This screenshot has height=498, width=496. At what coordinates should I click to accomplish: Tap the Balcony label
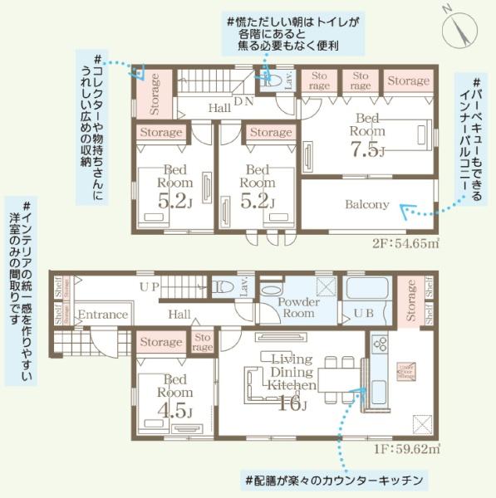[x=366, y=204]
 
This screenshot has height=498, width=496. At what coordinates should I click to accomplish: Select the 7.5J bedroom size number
[x=365, y=149]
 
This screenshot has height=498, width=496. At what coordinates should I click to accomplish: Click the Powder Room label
[x=297, y=308]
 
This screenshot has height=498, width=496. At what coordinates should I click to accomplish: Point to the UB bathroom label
[x=363, y=315]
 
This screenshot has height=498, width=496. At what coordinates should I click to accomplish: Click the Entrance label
[x=103, y=315]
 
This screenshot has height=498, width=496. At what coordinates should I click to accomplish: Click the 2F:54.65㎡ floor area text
[x=405, y=244]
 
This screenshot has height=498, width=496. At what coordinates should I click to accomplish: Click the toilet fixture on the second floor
[x=271, y=81]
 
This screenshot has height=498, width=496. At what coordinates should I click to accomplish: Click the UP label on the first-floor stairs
[x=150, y=287]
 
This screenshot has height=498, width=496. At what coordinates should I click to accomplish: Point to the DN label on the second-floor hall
[x=243, y=101]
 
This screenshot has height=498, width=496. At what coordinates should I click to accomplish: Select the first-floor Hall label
[x=179, y=315]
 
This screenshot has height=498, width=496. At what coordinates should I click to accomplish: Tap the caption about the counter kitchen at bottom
[x=335, y=480]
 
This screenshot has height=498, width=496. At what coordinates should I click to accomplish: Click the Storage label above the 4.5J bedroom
[x=161, y=342]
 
